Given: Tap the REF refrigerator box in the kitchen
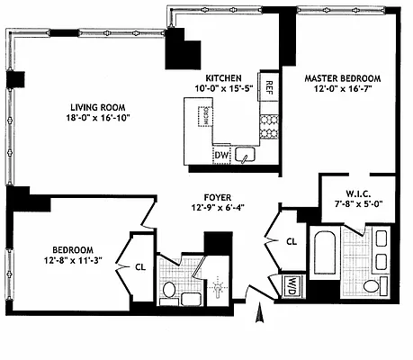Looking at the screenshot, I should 268,87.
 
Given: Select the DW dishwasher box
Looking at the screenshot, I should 221,157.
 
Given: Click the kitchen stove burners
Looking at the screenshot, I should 268,127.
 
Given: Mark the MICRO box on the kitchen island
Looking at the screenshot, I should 204,115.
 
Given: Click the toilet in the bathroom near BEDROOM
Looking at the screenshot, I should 167,289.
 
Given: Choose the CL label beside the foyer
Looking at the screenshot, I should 292,241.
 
